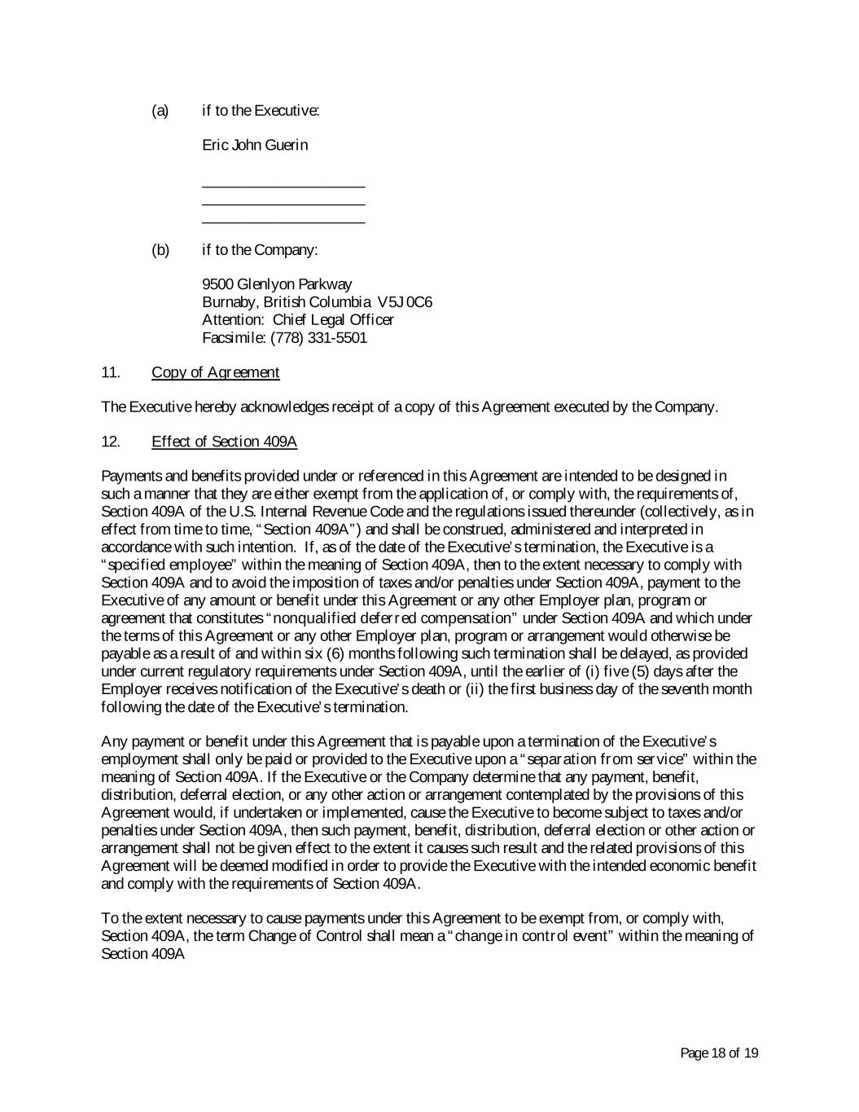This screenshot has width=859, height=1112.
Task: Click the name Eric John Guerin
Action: (255, 146)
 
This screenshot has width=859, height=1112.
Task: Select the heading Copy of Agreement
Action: (215, 372)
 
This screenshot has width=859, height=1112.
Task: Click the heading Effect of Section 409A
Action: (224, 442)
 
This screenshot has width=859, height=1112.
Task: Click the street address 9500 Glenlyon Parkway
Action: (277, 284)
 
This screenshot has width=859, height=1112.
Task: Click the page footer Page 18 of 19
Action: (719, 1053)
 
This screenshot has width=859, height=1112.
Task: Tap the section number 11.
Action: (111, 372)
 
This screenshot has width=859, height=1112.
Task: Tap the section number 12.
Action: (111, 442)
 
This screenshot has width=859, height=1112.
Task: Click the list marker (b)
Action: (160, 249)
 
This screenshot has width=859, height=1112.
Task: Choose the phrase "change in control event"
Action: (531, 935)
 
